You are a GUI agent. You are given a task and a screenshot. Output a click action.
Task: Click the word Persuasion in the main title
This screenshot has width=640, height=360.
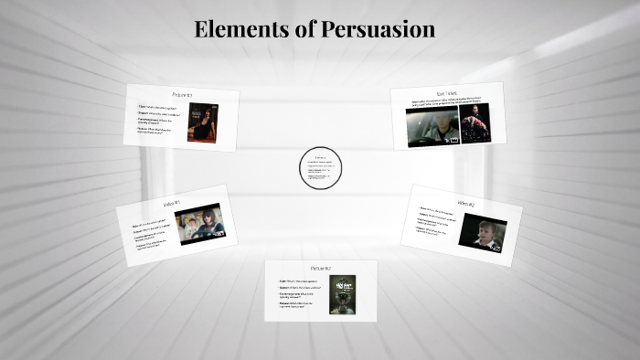pyautogui.click(x=378, y=29)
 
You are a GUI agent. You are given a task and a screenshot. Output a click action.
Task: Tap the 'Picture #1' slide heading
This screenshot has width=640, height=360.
pyautogui.click(x=182, y=95)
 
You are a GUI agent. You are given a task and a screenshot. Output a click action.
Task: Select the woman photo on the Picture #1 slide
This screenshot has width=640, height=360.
pyautogui.click(x=203, y=122)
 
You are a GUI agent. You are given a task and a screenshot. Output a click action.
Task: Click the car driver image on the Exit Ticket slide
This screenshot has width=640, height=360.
pyautogui.click(x=432, y=126)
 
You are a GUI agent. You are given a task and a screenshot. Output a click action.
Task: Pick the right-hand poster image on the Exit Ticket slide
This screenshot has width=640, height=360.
pyautogui.click(x=475, y=123)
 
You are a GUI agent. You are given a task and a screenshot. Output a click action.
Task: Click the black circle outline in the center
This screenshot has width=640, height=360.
pyautogui.click(x=320, y=168)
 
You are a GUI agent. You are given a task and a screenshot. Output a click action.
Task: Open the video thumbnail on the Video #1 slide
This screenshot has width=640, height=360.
pyautogui.click(x=199, y=225)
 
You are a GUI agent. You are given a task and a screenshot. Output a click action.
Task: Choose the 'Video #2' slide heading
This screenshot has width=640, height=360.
pyautogui.click(x=465, y=202)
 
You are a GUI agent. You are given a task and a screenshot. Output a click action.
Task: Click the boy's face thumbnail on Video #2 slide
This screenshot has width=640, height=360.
pyautogui.click(x=482, y=234)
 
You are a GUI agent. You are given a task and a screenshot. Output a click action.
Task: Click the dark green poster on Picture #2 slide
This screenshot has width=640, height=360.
pyautogui.click(x=340, y=295)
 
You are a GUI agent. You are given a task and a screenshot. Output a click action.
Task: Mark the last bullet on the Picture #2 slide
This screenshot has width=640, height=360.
pyautogui.click(x=298, y=305)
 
